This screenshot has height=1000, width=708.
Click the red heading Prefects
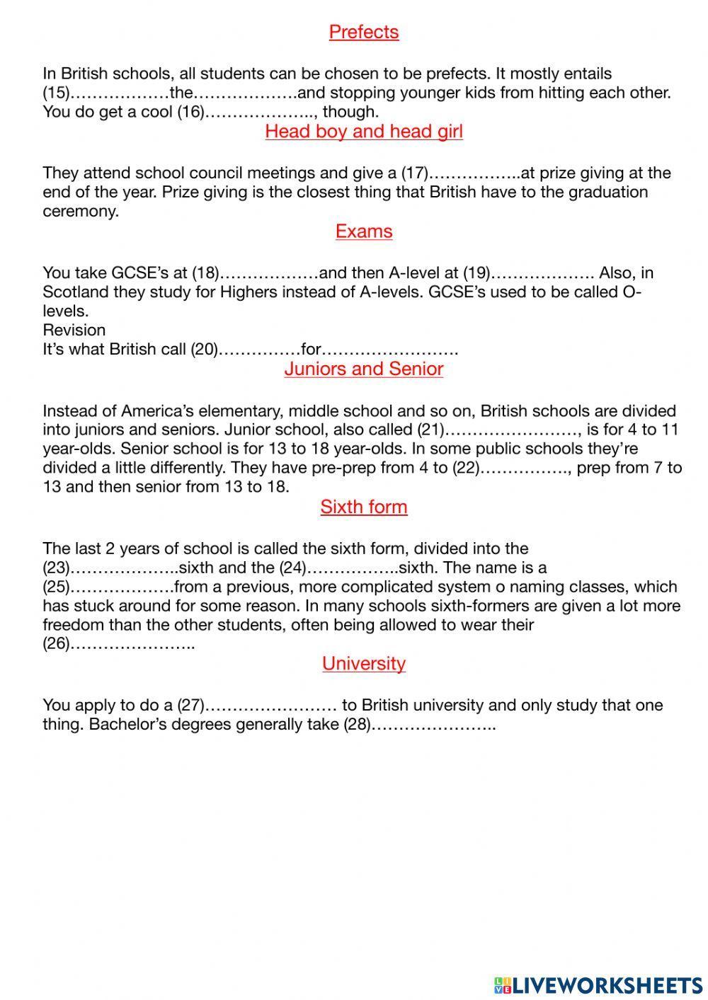point(363,32)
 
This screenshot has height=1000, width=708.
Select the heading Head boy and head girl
point(363,132)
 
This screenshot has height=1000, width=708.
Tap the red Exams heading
point(363,231)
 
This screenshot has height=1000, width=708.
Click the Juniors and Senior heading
point(363,369)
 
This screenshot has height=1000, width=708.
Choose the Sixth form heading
point(363,507)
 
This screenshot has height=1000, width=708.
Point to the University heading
point(363,663)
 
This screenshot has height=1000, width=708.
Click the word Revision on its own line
point(74,331)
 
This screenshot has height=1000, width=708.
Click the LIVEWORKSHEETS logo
point(598,984)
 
